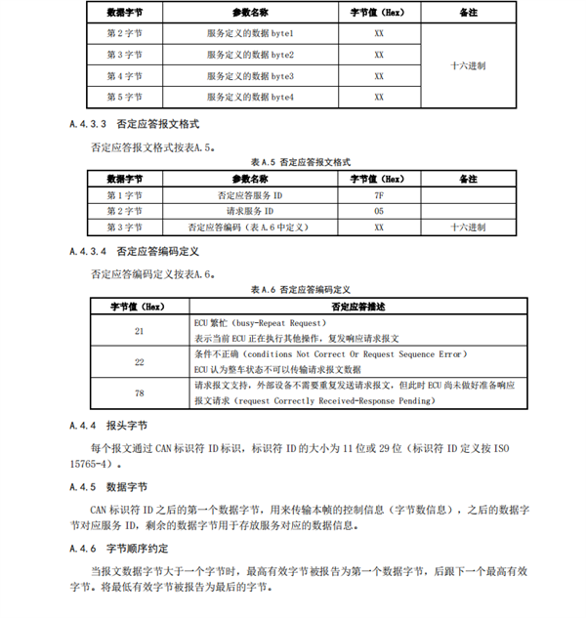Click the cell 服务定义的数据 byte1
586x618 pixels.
250,32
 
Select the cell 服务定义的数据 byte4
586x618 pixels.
250,98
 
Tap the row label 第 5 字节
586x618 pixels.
124,98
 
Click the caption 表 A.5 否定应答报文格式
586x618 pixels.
300,162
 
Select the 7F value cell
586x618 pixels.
378,195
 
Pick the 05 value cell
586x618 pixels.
378,211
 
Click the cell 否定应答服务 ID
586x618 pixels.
250,195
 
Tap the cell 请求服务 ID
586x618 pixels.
250,211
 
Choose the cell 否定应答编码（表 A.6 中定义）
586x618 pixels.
250,227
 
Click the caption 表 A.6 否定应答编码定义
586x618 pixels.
300,290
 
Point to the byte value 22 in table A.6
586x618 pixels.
139,362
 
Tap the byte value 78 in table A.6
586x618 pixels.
139,392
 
